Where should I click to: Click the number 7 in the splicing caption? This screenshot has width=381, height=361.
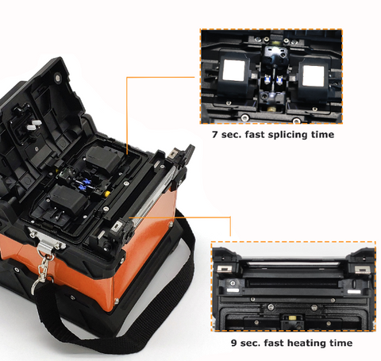click(215, 134)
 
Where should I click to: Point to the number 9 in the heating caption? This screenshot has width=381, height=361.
click(233, 343)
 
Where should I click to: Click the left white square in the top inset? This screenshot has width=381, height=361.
click(233, 70)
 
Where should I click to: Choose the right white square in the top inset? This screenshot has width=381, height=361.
click(314, 75)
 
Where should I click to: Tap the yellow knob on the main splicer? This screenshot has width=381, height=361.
click(106, 194)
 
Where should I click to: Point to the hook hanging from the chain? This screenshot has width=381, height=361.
click(37, 286)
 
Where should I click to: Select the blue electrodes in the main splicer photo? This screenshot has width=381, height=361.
click(84, 185)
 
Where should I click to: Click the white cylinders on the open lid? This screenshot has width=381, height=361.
click(34, 125)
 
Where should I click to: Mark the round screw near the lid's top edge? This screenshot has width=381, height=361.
click(57, 78)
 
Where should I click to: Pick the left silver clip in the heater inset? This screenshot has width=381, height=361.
click(225, 269)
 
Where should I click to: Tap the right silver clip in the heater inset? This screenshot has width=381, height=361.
click(361, 270)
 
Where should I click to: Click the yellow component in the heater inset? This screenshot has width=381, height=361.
click(293, 318)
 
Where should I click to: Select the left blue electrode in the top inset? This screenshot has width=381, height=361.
click(267, 79)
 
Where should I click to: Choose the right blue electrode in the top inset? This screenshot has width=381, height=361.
click(279, 80)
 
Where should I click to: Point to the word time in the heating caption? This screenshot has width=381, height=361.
click(341, 343)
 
